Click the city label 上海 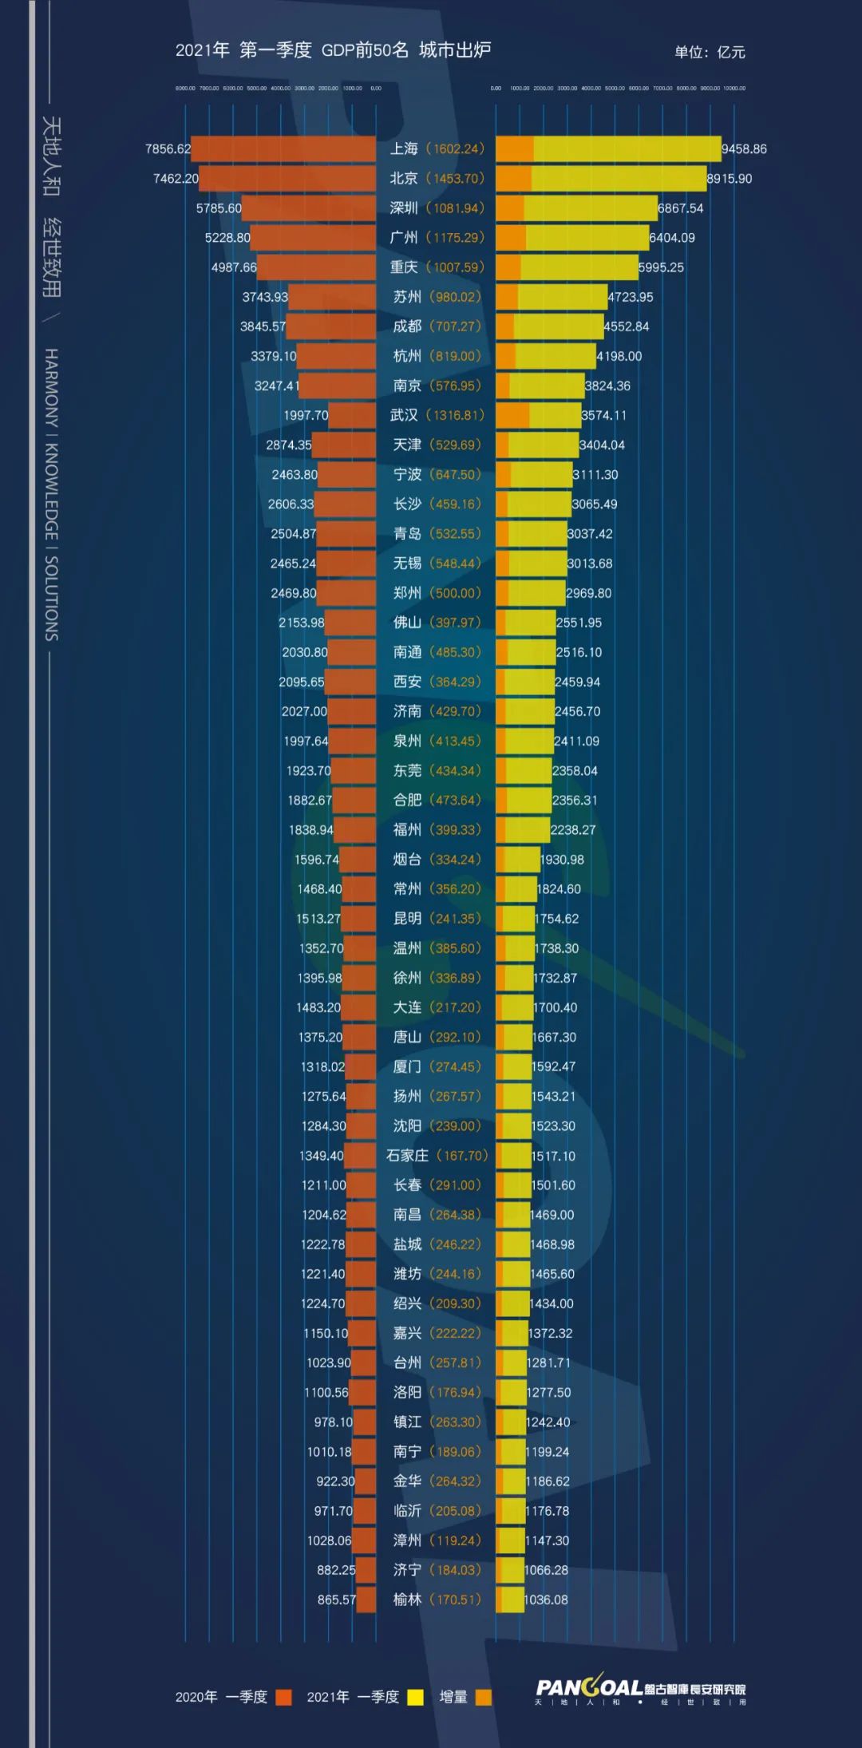tap(404, 149)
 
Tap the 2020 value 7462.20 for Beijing tap(176, 179)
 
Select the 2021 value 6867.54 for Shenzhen tap(680, 208)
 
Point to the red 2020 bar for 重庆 tap(316, 267)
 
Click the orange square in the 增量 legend tap(483, 1698)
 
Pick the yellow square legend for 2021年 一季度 tap(415, 1698)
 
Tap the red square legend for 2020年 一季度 tap(283, 1698)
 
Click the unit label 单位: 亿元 tap(710, 53)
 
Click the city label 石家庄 tap(407, 1156)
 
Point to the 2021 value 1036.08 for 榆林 tap(546, 1600)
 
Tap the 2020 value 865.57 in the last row tap(336, 1600)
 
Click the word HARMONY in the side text tap(51, 388)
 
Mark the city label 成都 tap(407, 326)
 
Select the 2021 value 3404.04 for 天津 tap(602, 445)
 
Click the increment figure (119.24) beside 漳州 tap(456, 1540)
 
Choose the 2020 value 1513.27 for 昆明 tap(318, 919)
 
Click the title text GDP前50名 tap(365, 50)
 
